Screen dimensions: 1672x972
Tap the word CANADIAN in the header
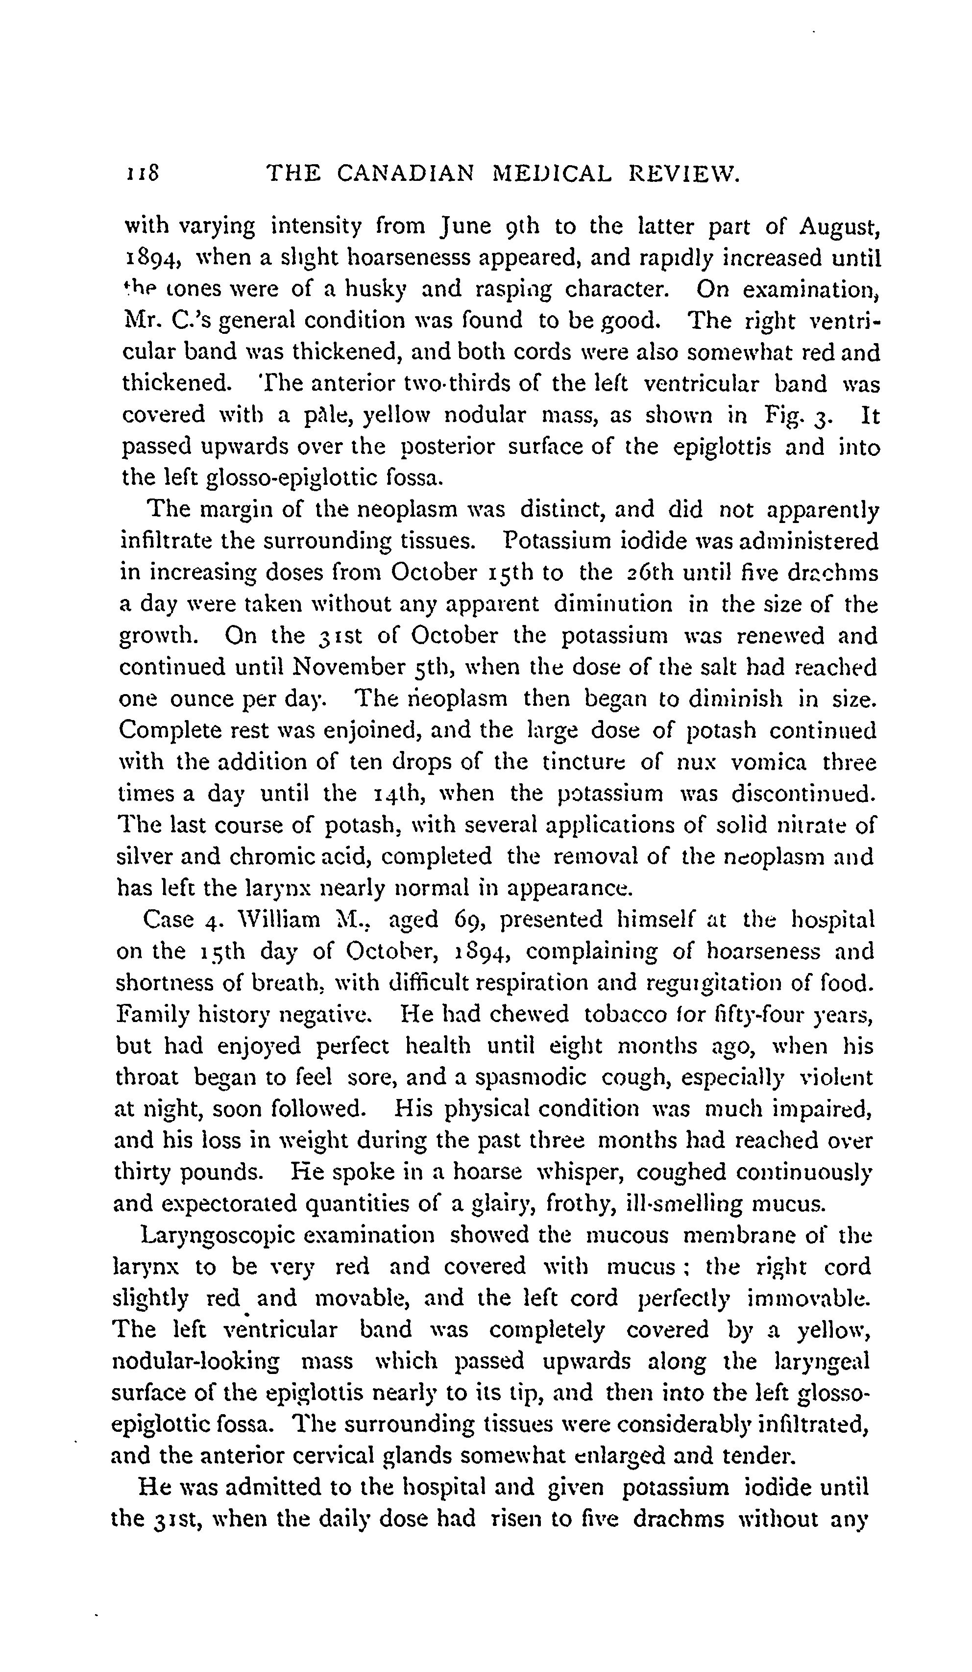[405, 174]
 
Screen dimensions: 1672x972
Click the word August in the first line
[839, 227]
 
